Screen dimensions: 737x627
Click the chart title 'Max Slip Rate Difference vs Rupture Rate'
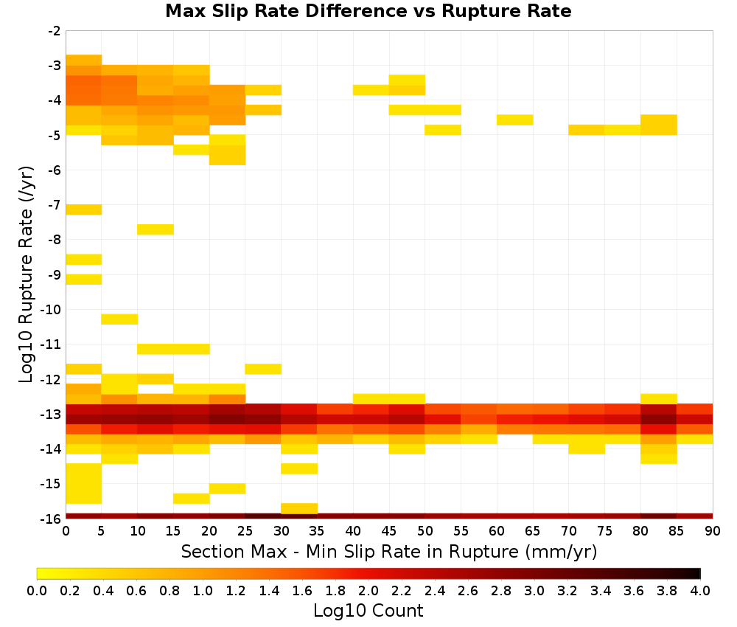tap(368, 11)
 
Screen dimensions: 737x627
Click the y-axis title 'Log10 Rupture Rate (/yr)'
tap(26, 274)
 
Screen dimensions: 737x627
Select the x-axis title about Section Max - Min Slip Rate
tap(388, 551)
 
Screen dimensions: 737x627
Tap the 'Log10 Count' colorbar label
tap(368, 611)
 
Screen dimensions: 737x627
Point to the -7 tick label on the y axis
tap(55, 205)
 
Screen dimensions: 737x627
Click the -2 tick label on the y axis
tap(55, 31)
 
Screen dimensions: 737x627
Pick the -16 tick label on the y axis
tap(52, 519)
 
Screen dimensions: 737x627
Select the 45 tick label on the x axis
tap(389, 531)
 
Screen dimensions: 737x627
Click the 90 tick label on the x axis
tap(713, 531)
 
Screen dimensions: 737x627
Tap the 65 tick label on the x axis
tap(533, 531)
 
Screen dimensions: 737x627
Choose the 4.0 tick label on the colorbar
tap(700, 590)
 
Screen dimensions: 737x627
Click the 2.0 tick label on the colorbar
tap(368, 590)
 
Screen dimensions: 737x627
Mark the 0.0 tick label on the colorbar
tap(37, 590)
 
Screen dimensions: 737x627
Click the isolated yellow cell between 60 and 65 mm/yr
tap(514, 120)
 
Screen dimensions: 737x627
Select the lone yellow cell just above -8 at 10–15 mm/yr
tap(156, 229)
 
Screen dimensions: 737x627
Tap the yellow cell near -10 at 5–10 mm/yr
tap(119, 319)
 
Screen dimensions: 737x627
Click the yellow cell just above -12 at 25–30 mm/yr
tap(263, 369)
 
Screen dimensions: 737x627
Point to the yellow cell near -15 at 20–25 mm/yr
tap(228, 488)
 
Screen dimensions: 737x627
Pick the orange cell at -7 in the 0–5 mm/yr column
tap(84, 209)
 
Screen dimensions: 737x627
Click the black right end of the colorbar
tap(697, 573)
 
